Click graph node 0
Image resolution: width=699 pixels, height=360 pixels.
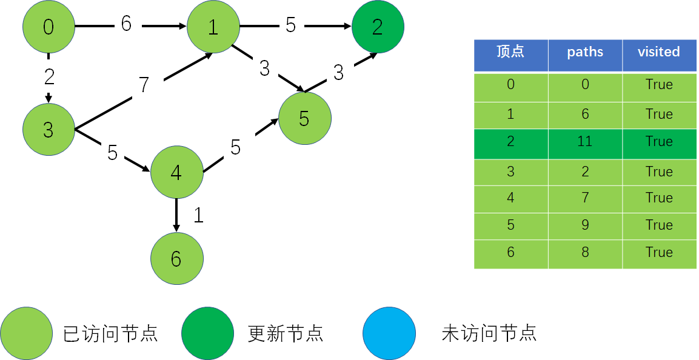(x=48, y=27)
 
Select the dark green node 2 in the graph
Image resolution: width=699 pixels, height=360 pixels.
(x=377, y=27)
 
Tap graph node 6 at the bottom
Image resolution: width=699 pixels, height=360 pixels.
(x=176, y=259)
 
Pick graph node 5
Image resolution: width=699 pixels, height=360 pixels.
(x=304, y=119)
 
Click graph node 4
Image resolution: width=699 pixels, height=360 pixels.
(x=176, y=172)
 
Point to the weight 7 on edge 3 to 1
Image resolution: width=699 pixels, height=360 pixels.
(x=144, y=85)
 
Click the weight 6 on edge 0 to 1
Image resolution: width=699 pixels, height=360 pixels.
(x=126, y=24)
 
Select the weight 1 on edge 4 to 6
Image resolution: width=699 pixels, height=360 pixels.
(x=198, y=215)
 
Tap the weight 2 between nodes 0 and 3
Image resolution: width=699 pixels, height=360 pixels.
(x=49, y=77)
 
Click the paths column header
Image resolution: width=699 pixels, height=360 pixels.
(x=585, y=52)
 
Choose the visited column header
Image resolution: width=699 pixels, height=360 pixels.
(x=659, y=52)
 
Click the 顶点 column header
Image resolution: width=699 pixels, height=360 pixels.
(x=510, y=52)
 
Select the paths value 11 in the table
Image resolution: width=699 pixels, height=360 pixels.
(x=585, y=142)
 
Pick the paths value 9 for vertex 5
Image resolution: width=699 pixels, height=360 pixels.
(x=585, y=225)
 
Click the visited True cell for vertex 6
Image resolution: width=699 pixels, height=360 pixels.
(x=659, y=253)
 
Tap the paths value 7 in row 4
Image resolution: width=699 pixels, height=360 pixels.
(x=585, y=198)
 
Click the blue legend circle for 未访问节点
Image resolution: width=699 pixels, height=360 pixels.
(x=389, y=333)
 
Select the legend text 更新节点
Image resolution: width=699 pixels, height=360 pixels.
(x=286, y=333)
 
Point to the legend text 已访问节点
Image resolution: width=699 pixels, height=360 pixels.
(x=111, y=333)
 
